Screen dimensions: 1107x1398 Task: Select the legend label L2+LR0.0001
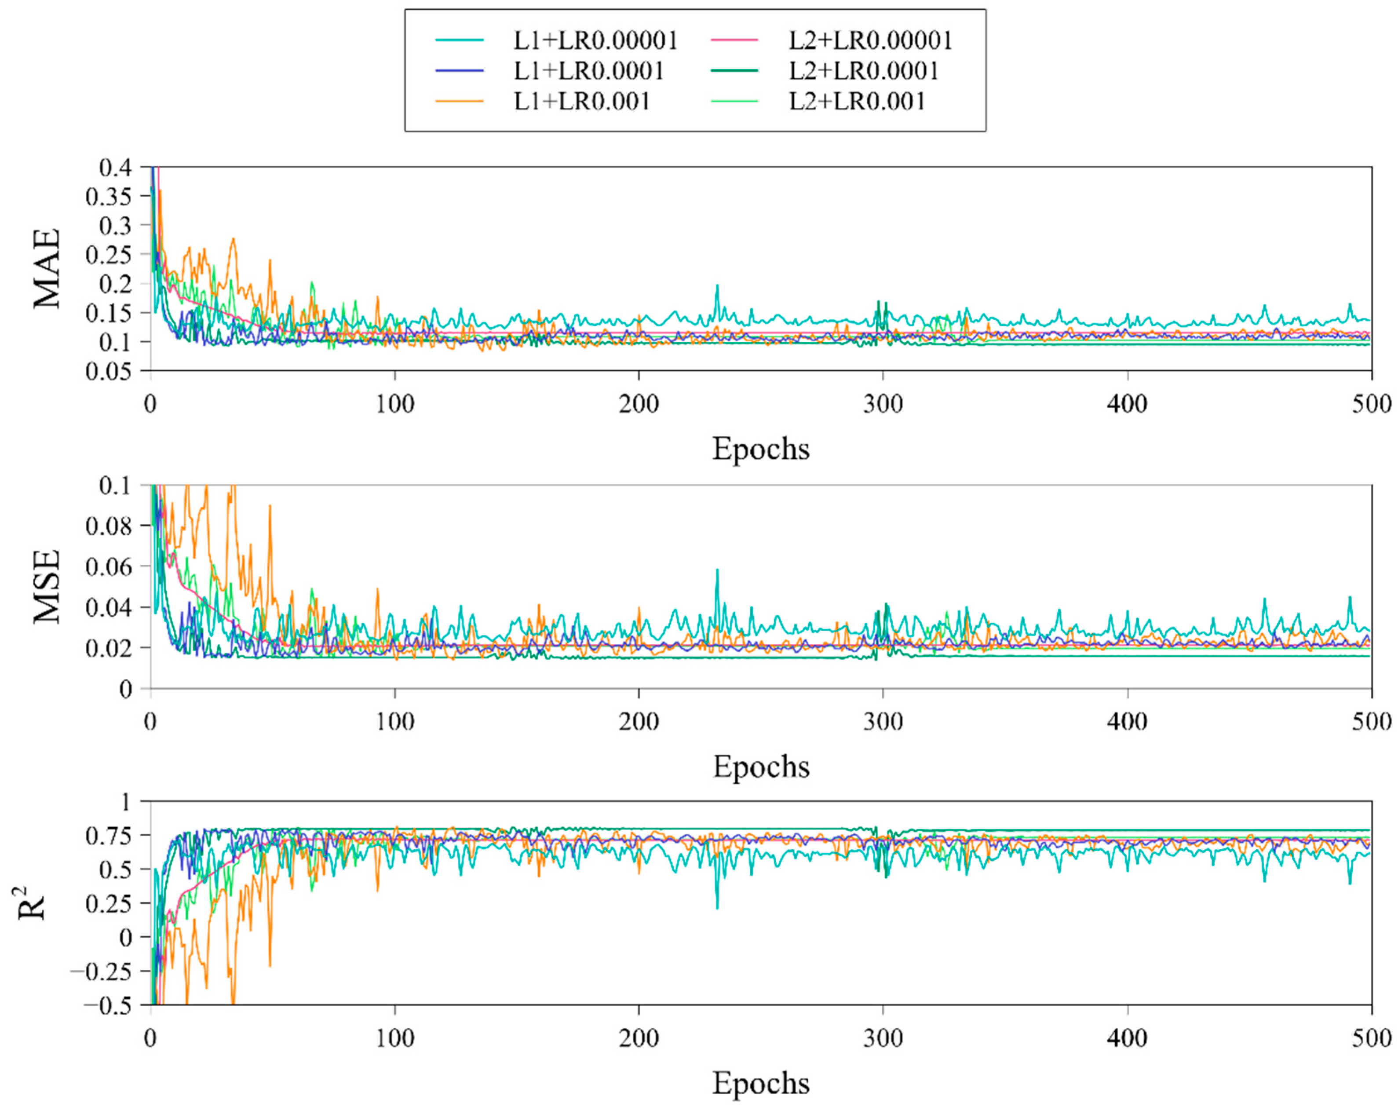pos(863,71)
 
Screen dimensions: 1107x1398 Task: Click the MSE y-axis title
pos(47,587)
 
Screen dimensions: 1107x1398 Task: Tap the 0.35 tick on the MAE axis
pos(108,197)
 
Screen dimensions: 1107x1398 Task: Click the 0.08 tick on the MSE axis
pos(108,526)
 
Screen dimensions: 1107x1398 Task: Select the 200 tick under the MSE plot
pos(639,721)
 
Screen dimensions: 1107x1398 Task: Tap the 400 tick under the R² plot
pos(1127,1039)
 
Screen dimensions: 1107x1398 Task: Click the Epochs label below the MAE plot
pos(761,449)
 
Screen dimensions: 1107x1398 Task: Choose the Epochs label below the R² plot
pos(761,1083)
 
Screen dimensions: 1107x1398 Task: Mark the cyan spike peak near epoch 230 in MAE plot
pos(717,285)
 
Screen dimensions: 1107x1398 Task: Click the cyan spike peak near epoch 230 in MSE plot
pos(717,570)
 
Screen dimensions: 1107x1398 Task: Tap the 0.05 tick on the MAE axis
pos(108,371)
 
